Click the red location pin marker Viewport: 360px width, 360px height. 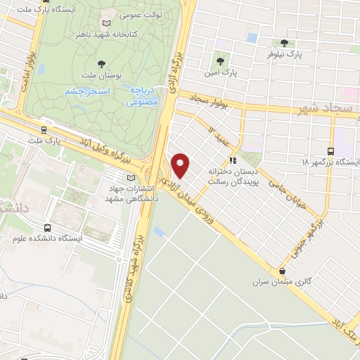[x=181, y=165]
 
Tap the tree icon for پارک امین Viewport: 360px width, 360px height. [x=221, y=60]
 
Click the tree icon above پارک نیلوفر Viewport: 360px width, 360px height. [x=284, y=42]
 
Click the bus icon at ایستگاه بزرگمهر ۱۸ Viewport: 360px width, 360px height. [x=330, y=150]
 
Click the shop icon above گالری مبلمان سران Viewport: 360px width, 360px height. [x=283, y=271]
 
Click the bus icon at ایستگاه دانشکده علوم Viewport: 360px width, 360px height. [x=47, y=228]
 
